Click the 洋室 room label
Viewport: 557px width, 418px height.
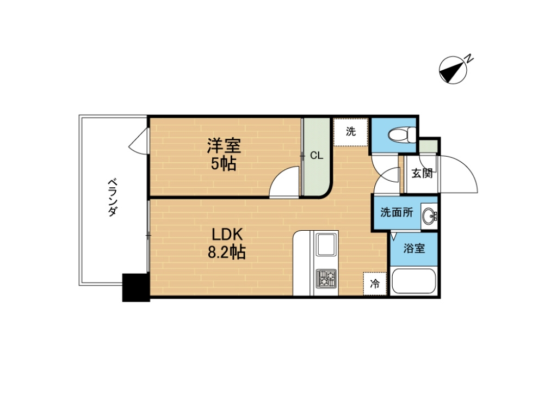224,145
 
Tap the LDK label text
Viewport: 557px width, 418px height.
227,235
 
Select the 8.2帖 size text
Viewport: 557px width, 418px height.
227,252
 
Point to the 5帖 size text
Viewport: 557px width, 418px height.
224,163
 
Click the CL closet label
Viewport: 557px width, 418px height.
317,155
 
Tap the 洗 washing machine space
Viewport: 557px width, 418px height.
351,132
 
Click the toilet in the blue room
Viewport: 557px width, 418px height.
402,135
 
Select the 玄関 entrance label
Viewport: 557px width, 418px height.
422,174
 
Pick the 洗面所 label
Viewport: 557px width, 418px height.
397,212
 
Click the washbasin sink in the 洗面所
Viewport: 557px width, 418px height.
430,216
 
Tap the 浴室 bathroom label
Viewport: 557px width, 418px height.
414,248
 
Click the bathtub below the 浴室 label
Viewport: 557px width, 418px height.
413,281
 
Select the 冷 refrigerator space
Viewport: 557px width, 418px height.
375,284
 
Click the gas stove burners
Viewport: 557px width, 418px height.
326,278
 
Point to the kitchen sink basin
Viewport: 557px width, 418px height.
326,244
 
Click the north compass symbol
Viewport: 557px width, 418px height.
453,70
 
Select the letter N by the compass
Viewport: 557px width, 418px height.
469,58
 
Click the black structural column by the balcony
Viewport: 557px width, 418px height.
135,287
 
